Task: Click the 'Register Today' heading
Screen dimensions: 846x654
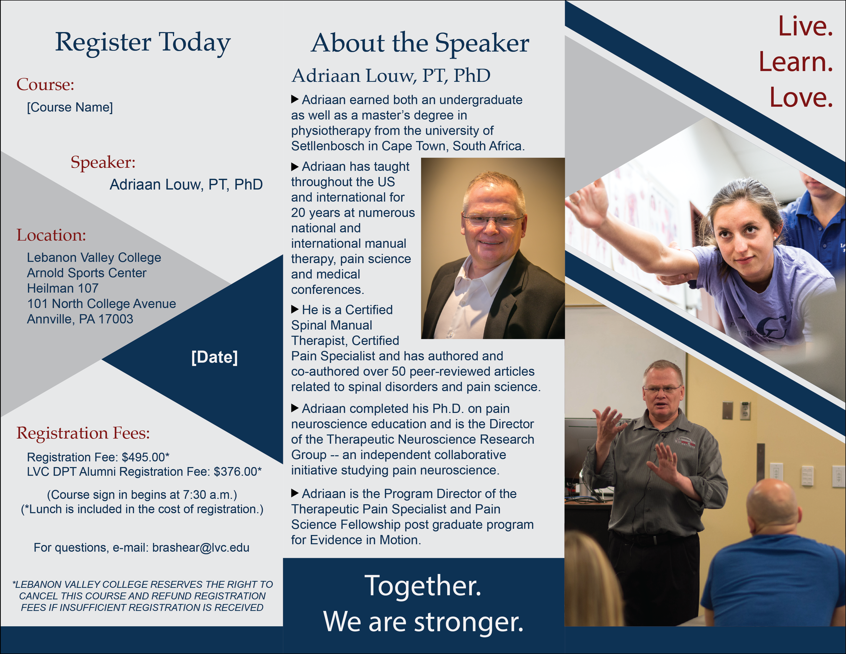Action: [143, 43]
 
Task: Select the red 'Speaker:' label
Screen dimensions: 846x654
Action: [103, 162]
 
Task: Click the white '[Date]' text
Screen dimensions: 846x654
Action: [215, 357]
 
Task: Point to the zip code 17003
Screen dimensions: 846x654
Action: [116, 319]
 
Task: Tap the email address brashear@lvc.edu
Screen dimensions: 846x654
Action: [201, 547]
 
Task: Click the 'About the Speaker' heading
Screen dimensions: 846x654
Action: [420, 43]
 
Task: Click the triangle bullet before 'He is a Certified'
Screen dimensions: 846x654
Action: [295, 309]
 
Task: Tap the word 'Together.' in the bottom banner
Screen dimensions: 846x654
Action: [423, 585]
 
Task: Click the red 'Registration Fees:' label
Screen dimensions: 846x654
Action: [83, 433]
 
